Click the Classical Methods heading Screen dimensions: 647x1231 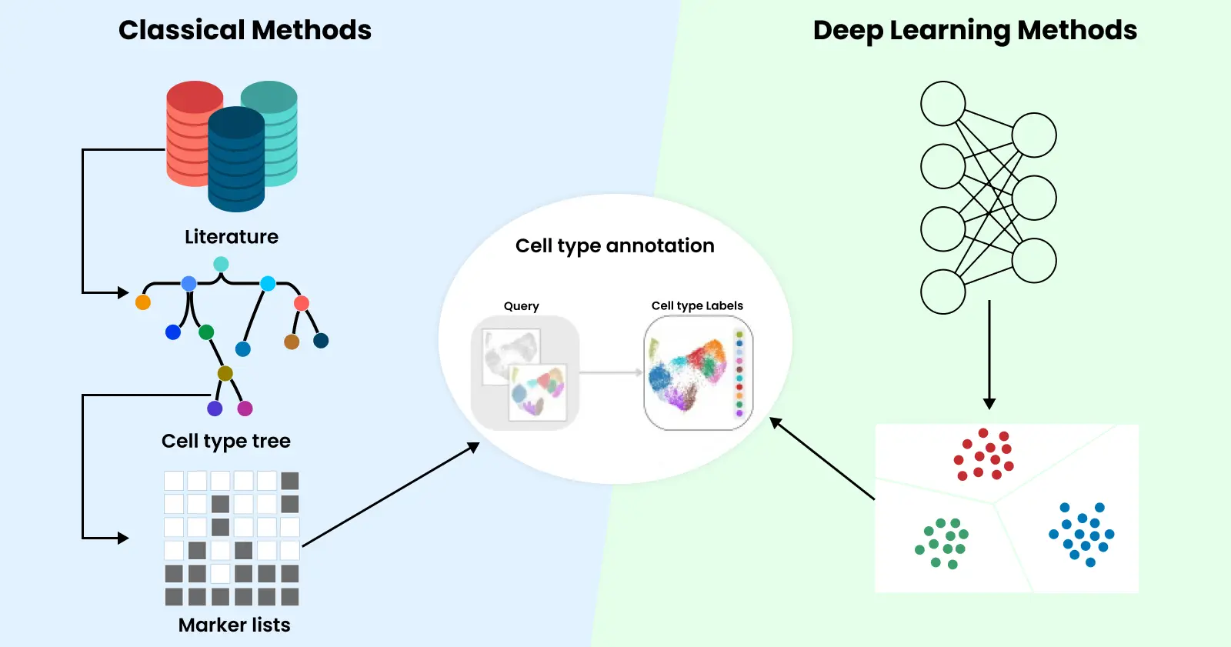click(245, 31)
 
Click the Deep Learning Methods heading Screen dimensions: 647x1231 click(975, 31)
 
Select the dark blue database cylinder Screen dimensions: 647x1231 click(236, 162)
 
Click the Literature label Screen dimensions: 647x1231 click(232, 237)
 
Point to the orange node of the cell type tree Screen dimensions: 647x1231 click(143, 302)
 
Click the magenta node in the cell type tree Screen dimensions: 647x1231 click(245, 409)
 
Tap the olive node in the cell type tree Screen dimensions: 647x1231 click(225, 373)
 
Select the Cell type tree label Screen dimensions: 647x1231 click(226, 441)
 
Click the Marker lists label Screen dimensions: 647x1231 click(235, 625)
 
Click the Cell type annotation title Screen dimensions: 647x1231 click(615, 246)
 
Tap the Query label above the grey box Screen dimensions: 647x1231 click(522, 306)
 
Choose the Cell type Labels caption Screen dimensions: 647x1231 click(697, 305)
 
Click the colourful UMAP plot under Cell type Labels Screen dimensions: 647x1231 click(689, 374)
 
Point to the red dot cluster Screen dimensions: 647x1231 click(984, 455)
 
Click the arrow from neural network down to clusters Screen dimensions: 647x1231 click(989, 354)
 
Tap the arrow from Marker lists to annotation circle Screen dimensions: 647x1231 click(391, 495)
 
